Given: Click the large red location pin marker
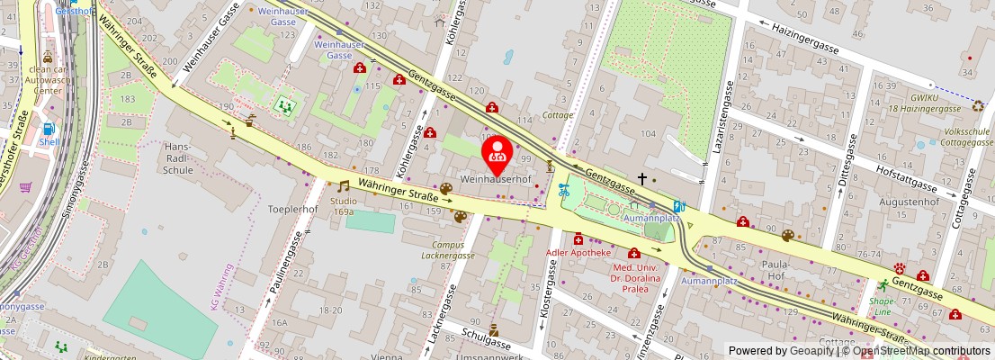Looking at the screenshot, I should click(497, 152).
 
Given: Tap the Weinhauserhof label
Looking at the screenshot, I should click(495, 179).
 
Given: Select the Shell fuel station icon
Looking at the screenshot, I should click(47, 129).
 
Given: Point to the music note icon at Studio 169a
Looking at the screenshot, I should click(343, 186).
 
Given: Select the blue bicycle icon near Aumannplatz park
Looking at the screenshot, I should click(564, 190).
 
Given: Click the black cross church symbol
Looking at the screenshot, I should click(641, 179).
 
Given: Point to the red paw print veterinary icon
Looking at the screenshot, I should click(899, 268).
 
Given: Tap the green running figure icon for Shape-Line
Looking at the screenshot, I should click(883, 284).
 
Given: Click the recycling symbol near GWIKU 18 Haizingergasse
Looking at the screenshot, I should click(979, 106).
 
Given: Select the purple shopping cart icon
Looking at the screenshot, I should click(26, 188).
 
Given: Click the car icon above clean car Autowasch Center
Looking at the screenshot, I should click(47, 57).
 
